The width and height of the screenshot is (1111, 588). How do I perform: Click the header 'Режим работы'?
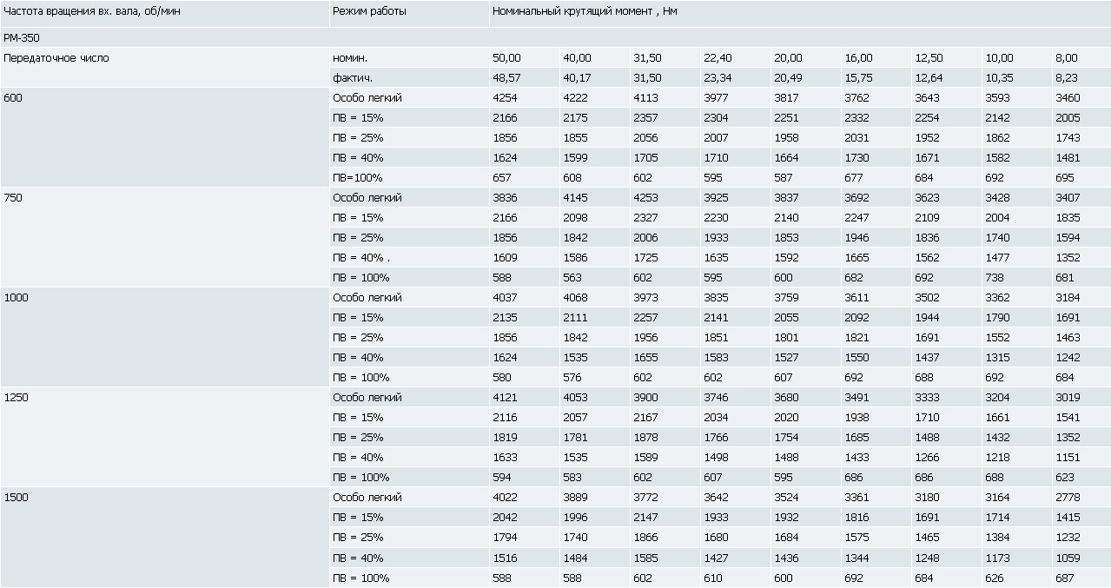coord(369,11)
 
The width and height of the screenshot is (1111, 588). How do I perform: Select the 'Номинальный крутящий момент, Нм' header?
coord(585,11)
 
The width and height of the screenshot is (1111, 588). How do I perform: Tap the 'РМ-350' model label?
coord(22,37)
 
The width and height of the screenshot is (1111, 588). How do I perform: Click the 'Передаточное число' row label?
coord(56,58)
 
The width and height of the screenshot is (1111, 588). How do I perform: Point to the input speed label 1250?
coord(16,398)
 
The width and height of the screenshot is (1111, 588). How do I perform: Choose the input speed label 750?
coord(13,198)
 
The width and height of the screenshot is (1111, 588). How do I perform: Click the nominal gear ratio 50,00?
coord(506,58)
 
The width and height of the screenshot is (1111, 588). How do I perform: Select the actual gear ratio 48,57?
coord(506,78)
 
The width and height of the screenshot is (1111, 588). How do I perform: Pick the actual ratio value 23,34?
coord(718,78)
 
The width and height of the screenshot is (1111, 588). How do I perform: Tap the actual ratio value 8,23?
coord(1067,78)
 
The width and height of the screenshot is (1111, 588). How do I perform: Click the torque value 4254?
coord(505,97)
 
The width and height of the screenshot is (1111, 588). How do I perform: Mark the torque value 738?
coord(995,278)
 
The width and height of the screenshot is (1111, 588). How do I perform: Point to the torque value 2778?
coord(1068,498)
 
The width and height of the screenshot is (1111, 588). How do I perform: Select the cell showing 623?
coord(1064,478)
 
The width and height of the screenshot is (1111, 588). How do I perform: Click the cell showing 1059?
coord(1068,558)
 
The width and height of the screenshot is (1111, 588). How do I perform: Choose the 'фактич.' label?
coord(352,78)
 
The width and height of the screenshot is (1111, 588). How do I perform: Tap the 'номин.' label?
coord(350,58)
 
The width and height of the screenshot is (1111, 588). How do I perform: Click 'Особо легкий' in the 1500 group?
coord(367,498)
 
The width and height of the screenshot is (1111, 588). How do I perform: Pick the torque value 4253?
coord(645,198)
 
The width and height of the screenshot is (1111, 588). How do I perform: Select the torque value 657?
coord(501,177)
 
